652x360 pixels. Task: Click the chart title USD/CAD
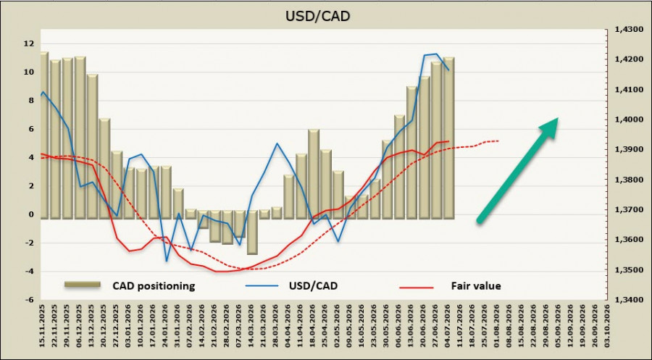pyautogui.click(x=318, y=16)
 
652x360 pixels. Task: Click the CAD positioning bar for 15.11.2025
pyautogui.click(x=44, y=135)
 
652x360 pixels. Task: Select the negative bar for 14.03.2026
pyautogui.click(x=252, y=233)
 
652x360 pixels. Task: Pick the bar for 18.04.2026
pyautogui.click(x=314, y=174)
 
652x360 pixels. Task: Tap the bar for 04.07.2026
pyautogui.click(x=448, y=138)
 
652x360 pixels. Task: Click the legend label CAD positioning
pyautogui.click(x=154, y=286)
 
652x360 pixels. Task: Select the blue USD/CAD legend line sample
pyautogui.click(x=262, y=286)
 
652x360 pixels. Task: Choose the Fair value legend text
pyautogui.click(x=476, y=286)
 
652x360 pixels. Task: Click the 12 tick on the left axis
pyautogui.click(x=29, y=43)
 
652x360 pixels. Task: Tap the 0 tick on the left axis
pyautogui.click(x=30, y=214)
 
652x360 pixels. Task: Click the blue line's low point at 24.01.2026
pyautogui.click(x=167, y=261)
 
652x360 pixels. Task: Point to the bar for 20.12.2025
pyautogui.click(x=105, y=169)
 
